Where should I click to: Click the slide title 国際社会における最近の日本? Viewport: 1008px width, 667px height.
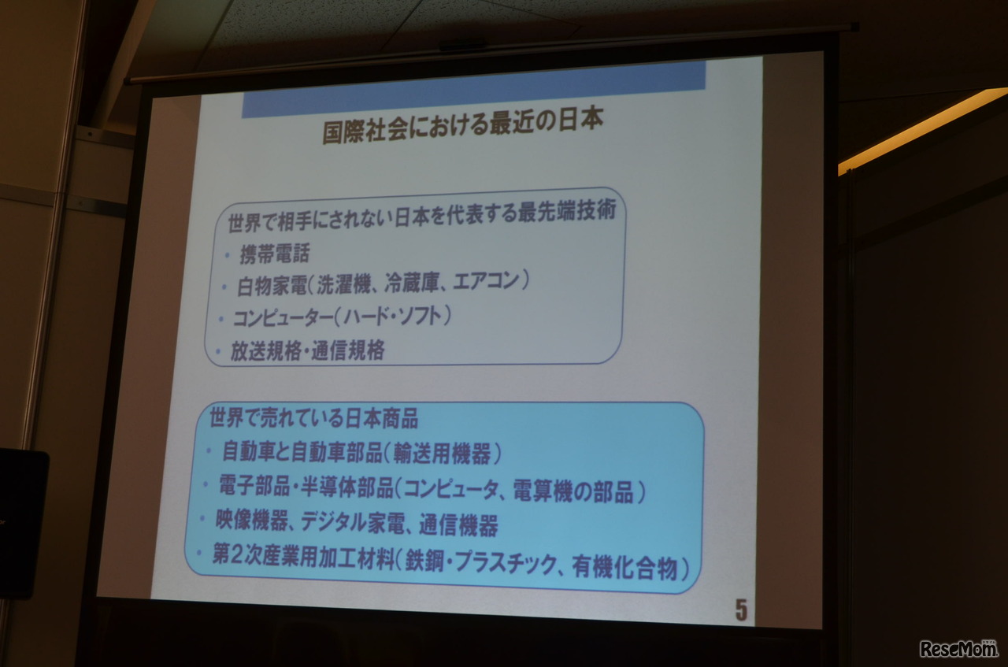pyautogui.click(x=463, y=129)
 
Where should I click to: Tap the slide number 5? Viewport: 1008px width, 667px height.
pyautogui.click(x=740, y=611)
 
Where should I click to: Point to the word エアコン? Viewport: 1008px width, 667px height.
pyautogui.click(x=487, y=280)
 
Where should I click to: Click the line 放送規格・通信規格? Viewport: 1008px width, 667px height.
pyautogui.click(x=307, y=351)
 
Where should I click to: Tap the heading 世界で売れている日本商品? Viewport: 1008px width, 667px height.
pyautogui.click(x=313, y=418)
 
